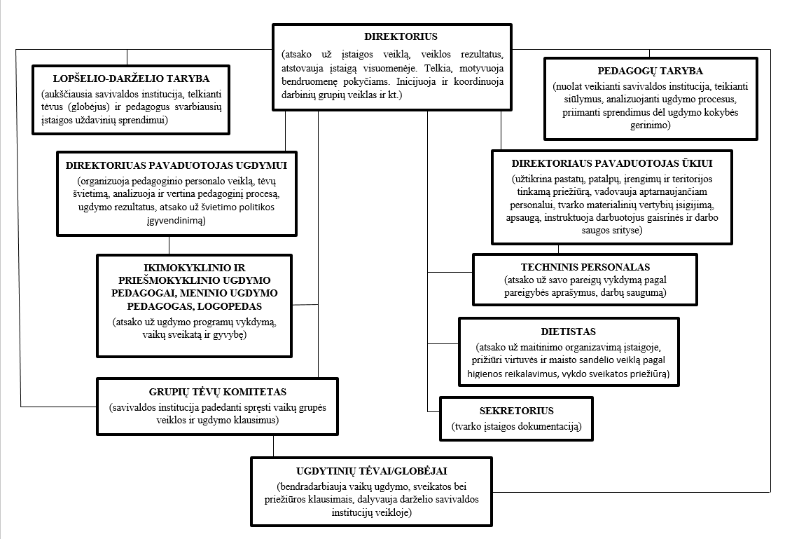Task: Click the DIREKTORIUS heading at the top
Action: (401, 36)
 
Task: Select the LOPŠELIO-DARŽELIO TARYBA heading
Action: (131, 79)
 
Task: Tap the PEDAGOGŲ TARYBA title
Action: (651, 71)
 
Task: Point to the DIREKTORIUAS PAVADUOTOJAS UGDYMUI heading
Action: (176, 166)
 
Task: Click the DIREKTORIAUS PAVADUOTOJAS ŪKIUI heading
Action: (612, 164)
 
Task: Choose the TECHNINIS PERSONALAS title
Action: (585, 268)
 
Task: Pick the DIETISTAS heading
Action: (568, 332)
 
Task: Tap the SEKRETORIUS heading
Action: (516, 411)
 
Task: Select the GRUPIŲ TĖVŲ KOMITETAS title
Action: (217, 393)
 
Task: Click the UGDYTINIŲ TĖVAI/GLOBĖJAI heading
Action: (371, 472)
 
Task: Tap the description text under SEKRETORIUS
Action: (516, 427)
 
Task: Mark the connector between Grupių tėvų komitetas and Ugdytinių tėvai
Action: (273, 446)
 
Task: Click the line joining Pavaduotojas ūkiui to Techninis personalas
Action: (558, 249)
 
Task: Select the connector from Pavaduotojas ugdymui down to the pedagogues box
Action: (169, 245)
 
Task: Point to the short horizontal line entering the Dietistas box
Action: (443, 343)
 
